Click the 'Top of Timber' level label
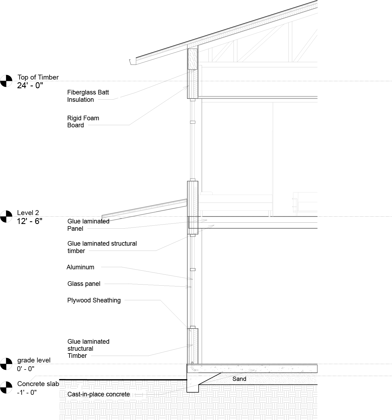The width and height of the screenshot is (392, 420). tap(38, 77)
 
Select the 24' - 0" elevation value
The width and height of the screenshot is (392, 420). tap(30, 86)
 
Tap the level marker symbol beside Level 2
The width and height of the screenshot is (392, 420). tap(6, 217)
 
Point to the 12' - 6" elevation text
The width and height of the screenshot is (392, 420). tap(30, 221)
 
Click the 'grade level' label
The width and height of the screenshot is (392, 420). tap(34, 360)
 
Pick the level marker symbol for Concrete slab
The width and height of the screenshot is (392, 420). tap(6, 387)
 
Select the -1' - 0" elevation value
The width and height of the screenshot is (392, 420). tap(27, 392)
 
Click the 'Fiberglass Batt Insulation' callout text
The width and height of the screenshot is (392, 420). tap(88, 96)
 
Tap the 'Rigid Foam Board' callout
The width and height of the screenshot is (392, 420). tap(83, 122)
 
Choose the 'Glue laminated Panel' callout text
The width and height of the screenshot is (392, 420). tap(88, 225)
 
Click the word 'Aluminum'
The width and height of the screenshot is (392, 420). tap(80, 267)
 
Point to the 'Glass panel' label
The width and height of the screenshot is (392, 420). tap(84, 284)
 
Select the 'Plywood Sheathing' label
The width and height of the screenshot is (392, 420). tap(94, 300)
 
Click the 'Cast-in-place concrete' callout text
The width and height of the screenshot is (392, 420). tap(98, 394)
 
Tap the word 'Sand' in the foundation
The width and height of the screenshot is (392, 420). tap(239, 379)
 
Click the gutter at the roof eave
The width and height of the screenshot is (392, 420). tap(133, 62)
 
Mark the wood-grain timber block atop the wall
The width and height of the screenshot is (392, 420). tap(192, 59)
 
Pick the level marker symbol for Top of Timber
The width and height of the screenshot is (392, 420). tap(6, 81)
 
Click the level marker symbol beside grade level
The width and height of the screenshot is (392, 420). tap(6, 364)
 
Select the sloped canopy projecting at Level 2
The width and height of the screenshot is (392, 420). tap(144, 210)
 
